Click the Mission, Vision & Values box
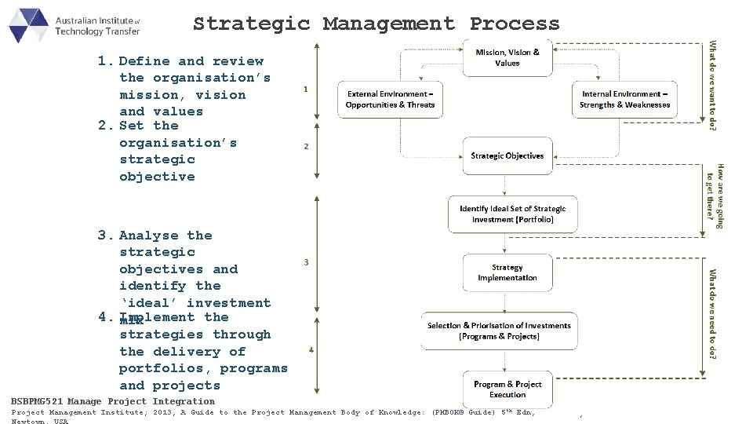click(507, 57)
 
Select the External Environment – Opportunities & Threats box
click(390, 99)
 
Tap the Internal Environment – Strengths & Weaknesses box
click(624, 99)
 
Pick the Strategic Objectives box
click(507, 155)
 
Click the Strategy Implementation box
click(507, 272)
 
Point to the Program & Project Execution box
click(507, 389)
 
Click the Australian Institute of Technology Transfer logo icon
click(28, 25)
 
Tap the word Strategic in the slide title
click(251, 24)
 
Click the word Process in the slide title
click(515, 24)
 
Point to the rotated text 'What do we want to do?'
click(712, 86)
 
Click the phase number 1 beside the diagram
click(305, 89)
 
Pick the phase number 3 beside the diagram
click(306, 261)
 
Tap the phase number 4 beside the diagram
click(311, 349)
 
